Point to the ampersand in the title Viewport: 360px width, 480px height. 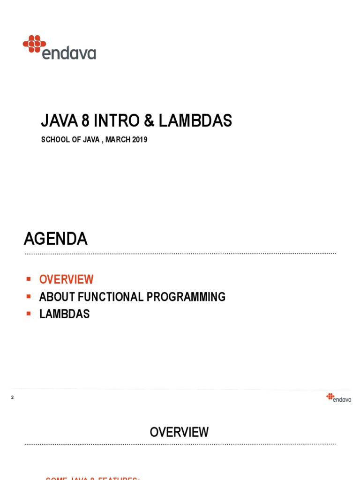click(149, 121)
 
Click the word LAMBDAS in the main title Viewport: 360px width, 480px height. click(195, 121)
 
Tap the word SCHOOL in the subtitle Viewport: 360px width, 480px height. click(54, 140)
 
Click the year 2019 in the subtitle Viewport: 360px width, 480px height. click(140, 140)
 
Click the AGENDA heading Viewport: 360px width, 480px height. click(56, 240)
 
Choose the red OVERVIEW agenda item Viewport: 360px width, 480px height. click(66, 279)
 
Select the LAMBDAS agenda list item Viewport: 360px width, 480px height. click(64, 314)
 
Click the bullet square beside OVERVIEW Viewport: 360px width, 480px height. click(29, 279)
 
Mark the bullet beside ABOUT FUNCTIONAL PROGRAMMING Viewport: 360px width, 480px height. click(29, 296)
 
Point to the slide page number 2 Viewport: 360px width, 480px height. click(13, 397)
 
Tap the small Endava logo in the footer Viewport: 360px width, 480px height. click(338, 397)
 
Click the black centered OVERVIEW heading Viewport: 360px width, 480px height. click(179, 432)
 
